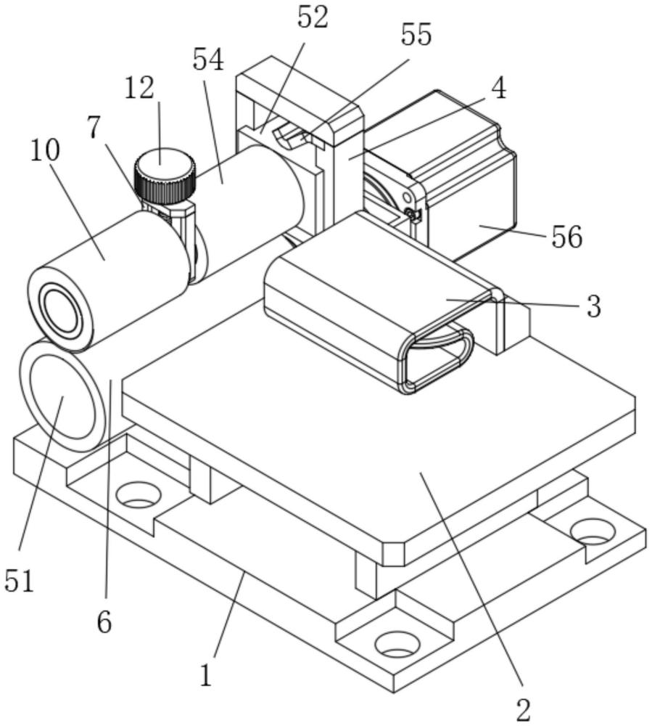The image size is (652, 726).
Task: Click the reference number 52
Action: tap(313, 19)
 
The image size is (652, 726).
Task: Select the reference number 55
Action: tap(416, 35)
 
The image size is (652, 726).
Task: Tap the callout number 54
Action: tap(208, 60)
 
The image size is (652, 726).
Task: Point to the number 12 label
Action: tap(139, 88)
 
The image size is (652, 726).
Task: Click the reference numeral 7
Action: tap(94, 128)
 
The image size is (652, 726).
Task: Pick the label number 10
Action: tap(45, 150)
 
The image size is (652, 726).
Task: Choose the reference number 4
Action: tap(498, 88)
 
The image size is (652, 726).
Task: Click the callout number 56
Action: tap(566, 237)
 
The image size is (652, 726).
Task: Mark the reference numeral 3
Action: tap(594, 306)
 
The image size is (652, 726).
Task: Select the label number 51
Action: tap(20, 581)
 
